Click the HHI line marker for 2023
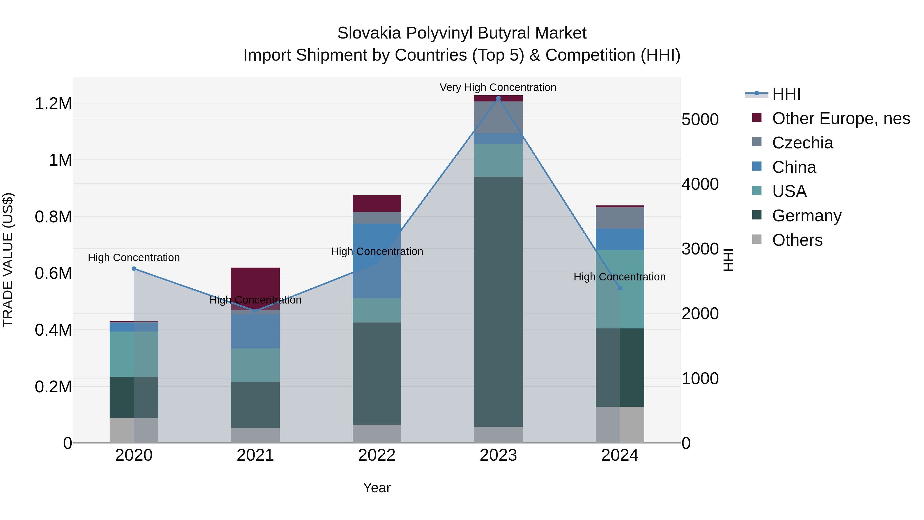(x=498, y=98)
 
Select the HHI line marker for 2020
(x=134, y=269)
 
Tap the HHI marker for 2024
(x=620, y=288)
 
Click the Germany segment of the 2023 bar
(x=498, y=301)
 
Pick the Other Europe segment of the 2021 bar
(x=255, y=283)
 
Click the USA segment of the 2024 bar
(x=620, y=289)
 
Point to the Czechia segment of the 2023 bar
(x=498, y=117)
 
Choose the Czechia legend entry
(x=802, y=143)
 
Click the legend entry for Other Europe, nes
(x=840, y=118)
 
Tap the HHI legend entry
(x=786, y=94)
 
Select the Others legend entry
(x=797, y=240)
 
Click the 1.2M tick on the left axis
(x=53, y=104)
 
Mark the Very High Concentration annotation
(x=498, y=87)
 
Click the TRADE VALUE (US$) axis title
(x=8, y=260)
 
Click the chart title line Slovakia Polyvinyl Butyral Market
(x=462, y=33)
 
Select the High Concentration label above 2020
(x=134, y=258)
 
